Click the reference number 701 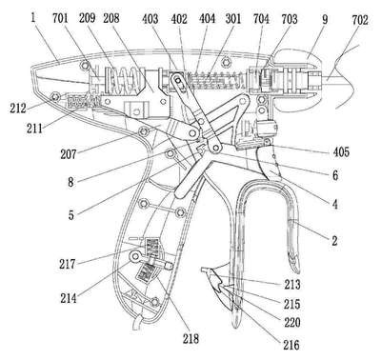point(60,18)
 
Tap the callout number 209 point(87,18)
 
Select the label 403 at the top point(150,19)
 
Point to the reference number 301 point(233,19)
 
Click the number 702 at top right point(360,20)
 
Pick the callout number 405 point(341,151)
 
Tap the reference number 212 point(18,109)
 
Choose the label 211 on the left point(34,129)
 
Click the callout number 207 point(69,154)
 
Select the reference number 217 point(67,264)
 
